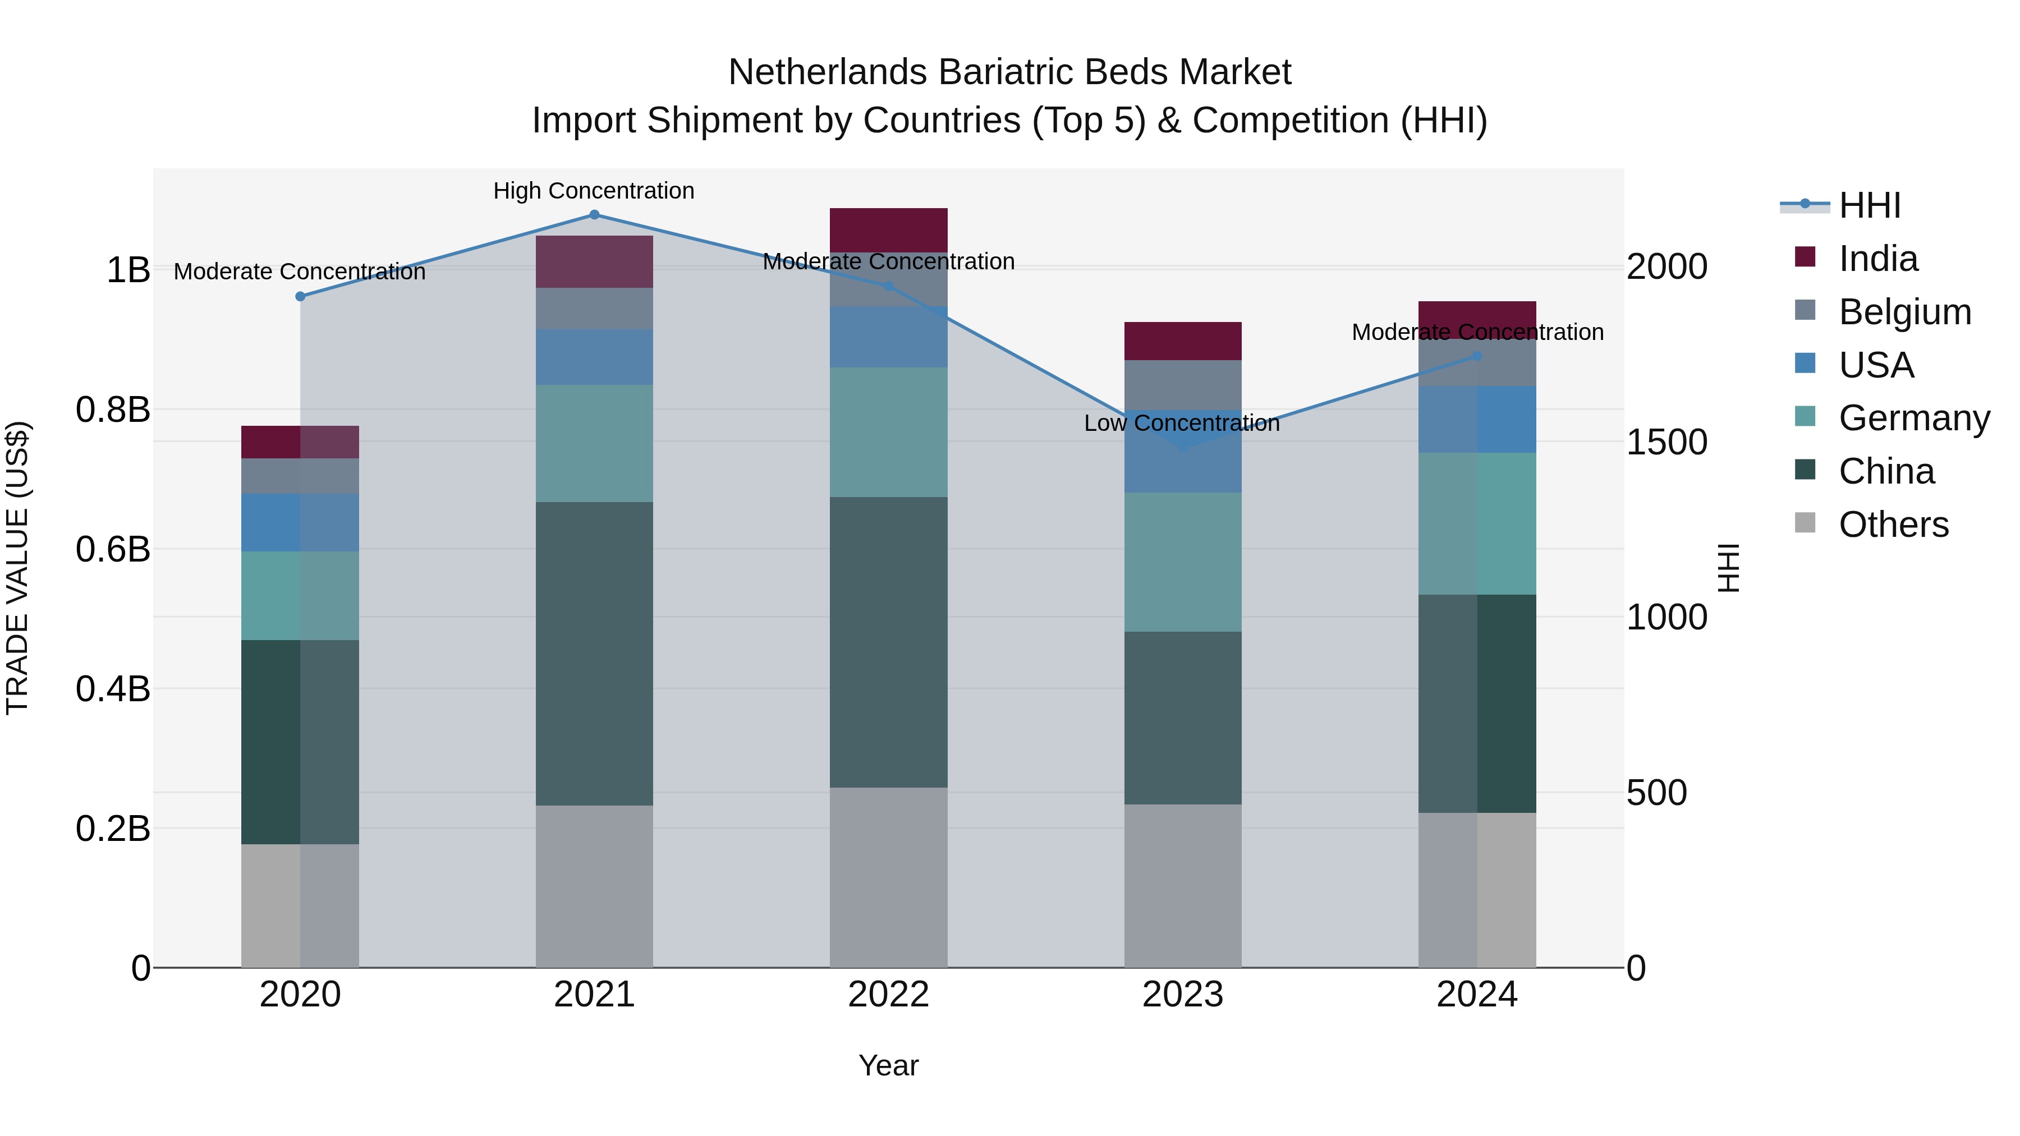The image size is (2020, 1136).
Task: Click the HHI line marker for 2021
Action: coord(594,215)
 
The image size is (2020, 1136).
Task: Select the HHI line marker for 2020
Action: coord(300,296)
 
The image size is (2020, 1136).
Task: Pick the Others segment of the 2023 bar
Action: coord(1182,885)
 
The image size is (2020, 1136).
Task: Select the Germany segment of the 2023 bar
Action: coord(1182,562)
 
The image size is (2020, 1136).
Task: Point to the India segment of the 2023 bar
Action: coord(1182,341)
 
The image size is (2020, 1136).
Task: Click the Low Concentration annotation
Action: coord(1182,424)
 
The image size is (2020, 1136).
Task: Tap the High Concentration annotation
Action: coord(594,191)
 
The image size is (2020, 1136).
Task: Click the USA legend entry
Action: coord(1876,365)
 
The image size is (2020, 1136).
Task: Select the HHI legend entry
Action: coord(1870,205)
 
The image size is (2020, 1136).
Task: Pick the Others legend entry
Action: coord(1893,525)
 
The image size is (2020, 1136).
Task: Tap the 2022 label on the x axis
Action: coord(888,995)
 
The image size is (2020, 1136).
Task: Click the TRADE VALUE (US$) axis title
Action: coord(17,568)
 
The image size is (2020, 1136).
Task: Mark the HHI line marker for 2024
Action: coord(1477,356)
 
